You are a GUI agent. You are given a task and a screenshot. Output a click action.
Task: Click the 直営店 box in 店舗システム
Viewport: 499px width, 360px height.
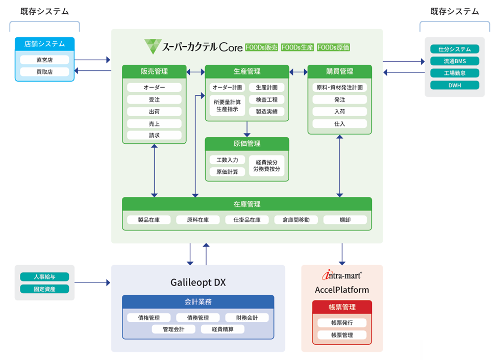(44, 60)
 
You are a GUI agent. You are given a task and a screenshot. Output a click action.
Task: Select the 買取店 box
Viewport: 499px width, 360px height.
(44, 72)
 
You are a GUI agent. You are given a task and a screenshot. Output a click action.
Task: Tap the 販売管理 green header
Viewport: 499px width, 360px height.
(154, 71)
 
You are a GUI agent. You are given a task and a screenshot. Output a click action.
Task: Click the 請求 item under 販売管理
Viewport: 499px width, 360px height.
(154, 135)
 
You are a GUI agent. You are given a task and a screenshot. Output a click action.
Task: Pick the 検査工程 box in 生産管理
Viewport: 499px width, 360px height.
(266, 99)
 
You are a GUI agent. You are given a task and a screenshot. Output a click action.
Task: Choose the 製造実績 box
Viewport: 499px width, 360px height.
(266, 111)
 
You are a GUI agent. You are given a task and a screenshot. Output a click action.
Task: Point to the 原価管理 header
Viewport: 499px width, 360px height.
(247, 144)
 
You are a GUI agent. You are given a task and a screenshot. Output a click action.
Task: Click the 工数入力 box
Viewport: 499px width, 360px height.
(227, 160)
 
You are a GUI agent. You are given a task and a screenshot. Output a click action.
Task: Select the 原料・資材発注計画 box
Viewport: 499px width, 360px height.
(340, 87)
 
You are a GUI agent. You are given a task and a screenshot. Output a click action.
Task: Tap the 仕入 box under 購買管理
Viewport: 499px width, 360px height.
(340, 123)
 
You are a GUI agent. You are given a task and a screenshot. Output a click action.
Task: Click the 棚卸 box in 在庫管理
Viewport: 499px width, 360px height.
(345, 220)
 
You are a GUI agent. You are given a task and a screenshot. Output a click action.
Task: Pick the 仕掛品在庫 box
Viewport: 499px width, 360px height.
(247, 220)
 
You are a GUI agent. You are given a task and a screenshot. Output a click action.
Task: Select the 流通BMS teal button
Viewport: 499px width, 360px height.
(454, 61)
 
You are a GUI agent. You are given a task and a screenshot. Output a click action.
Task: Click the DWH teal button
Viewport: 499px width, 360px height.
(454, 85)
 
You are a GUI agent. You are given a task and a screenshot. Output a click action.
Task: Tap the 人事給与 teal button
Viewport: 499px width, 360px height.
(44, 277)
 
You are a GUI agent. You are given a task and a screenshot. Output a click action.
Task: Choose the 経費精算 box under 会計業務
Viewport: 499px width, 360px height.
(222, 329)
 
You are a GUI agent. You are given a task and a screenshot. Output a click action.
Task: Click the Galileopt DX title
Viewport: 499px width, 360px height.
(198, 282)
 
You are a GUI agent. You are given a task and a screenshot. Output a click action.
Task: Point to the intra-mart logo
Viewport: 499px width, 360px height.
(341, 275)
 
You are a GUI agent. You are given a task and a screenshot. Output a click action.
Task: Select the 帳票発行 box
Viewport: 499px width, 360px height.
(341, 322)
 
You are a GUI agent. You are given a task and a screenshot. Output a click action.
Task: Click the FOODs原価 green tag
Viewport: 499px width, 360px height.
(333, 47)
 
